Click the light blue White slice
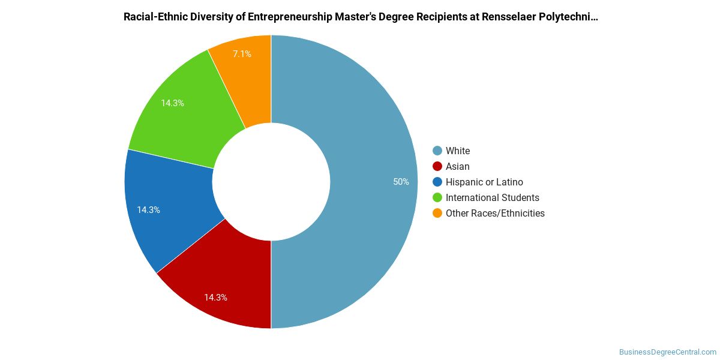tap(373, 182)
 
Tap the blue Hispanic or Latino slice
tap(167, 209)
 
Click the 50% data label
tap(401, 182)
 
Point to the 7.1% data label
tap(242, 53)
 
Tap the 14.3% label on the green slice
tap(172, 103)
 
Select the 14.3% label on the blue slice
tap(148, 210)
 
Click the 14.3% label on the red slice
tap(215, 298)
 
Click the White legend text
tap(458, 151)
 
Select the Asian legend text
tap(457, 167)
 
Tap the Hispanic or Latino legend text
tap(484, 182)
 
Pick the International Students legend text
tap(493, 197)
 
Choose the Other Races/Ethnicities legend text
tap(495, 214)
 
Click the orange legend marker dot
tap(437, 214)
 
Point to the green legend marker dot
tap(437, 197)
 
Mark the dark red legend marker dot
tap(437, 167)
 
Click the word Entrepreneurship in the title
tap(290, 17)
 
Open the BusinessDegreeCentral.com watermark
tap(668, 352)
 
